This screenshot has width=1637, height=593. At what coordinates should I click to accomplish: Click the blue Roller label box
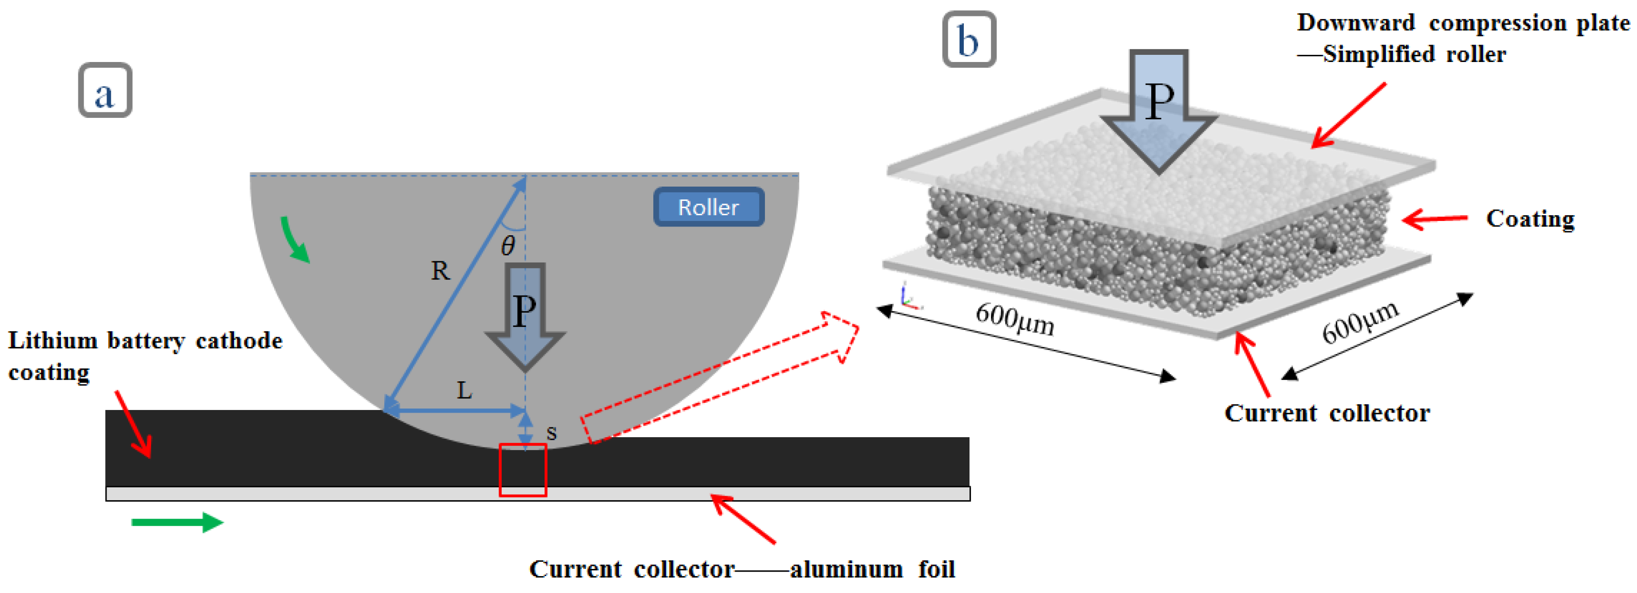[708, 207]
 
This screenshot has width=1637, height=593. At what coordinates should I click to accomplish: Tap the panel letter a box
[105, 90]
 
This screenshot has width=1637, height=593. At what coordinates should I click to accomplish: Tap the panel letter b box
[968, 39]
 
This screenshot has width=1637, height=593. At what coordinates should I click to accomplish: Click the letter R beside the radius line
[440, 271]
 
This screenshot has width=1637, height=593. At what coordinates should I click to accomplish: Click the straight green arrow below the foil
[177, 522]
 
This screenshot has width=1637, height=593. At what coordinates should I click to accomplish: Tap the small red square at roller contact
[523, 471]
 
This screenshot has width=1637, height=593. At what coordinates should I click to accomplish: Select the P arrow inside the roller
[524, 315]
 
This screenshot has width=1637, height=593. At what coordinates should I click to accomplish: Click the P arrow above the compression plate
[1158, 108]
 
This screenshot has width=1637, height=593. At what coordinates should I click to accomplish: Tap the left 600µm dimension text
[1014, 319]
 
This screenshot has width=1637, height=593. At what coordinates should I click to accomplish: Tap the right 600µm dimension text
[1360, 321]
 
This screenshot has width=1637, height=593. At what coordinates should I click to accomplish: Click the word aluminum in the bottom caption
[846, 569]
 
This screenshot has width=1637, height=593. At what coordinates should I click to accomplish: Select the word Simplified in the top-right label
[1378, 55]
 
